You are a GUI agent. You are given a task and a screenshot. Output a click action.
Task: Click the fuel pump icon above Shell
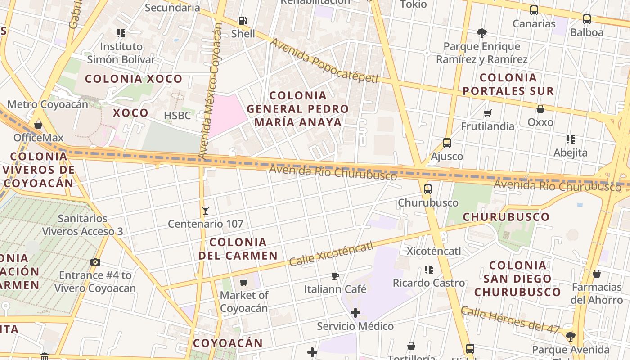tap(243, 20)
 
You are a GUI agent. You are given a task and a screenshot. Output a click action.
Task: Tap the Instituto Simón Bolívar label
tap(121, 53)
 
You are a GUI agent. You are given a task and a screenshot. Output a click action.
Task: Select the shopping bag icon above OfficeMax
tap(38, 125)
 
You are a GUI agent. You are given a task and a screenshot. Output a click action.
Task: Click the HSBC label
tap(177, 116)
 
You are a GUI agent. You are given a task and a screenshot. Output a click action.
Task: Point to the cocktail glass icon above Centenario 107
tap(206, 210)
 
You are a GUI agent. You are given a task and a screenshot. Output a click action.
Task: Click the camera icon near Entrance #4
tap(95, 262)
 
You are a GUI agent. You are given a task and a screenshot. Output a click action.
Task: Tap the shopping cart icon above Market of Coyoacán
tap(244, 282)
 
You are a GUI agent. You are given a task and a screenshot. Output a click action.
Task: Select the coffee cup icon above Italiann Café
tap(335, 276)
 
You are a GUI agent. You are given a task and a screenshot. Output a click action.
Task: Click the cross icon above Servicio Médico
tap(355, 312)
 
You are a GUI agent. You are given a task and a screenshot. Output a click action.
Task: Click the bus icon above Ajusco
tap(447, 143)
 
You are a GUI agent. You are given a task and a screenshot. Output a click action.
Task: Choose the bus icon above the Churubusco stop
tap(428, 189)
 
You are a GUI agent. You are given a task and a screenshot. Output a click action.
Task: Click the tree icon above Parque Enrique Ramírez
tap(482, 33)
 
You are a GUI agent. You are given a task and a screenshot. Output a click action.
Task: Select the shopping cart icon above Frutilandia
tap(488, 113)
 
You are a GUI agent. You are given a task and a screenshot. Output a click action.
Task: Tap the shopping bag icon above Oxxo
tap(540, 109)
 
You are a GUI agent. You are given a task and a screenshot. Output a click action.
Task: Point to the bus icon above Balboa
tap(587, 19)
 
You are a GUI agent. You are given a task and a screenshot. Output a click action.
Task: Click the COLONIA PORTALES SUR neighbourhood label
tap(508, 84)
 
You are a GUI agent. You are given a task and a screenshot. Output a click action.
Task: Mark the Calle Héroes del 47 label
tap(510, 320)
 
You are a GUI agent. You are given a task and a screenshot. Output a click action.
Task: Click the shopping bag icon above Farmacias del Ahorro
tap(597, 274)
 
